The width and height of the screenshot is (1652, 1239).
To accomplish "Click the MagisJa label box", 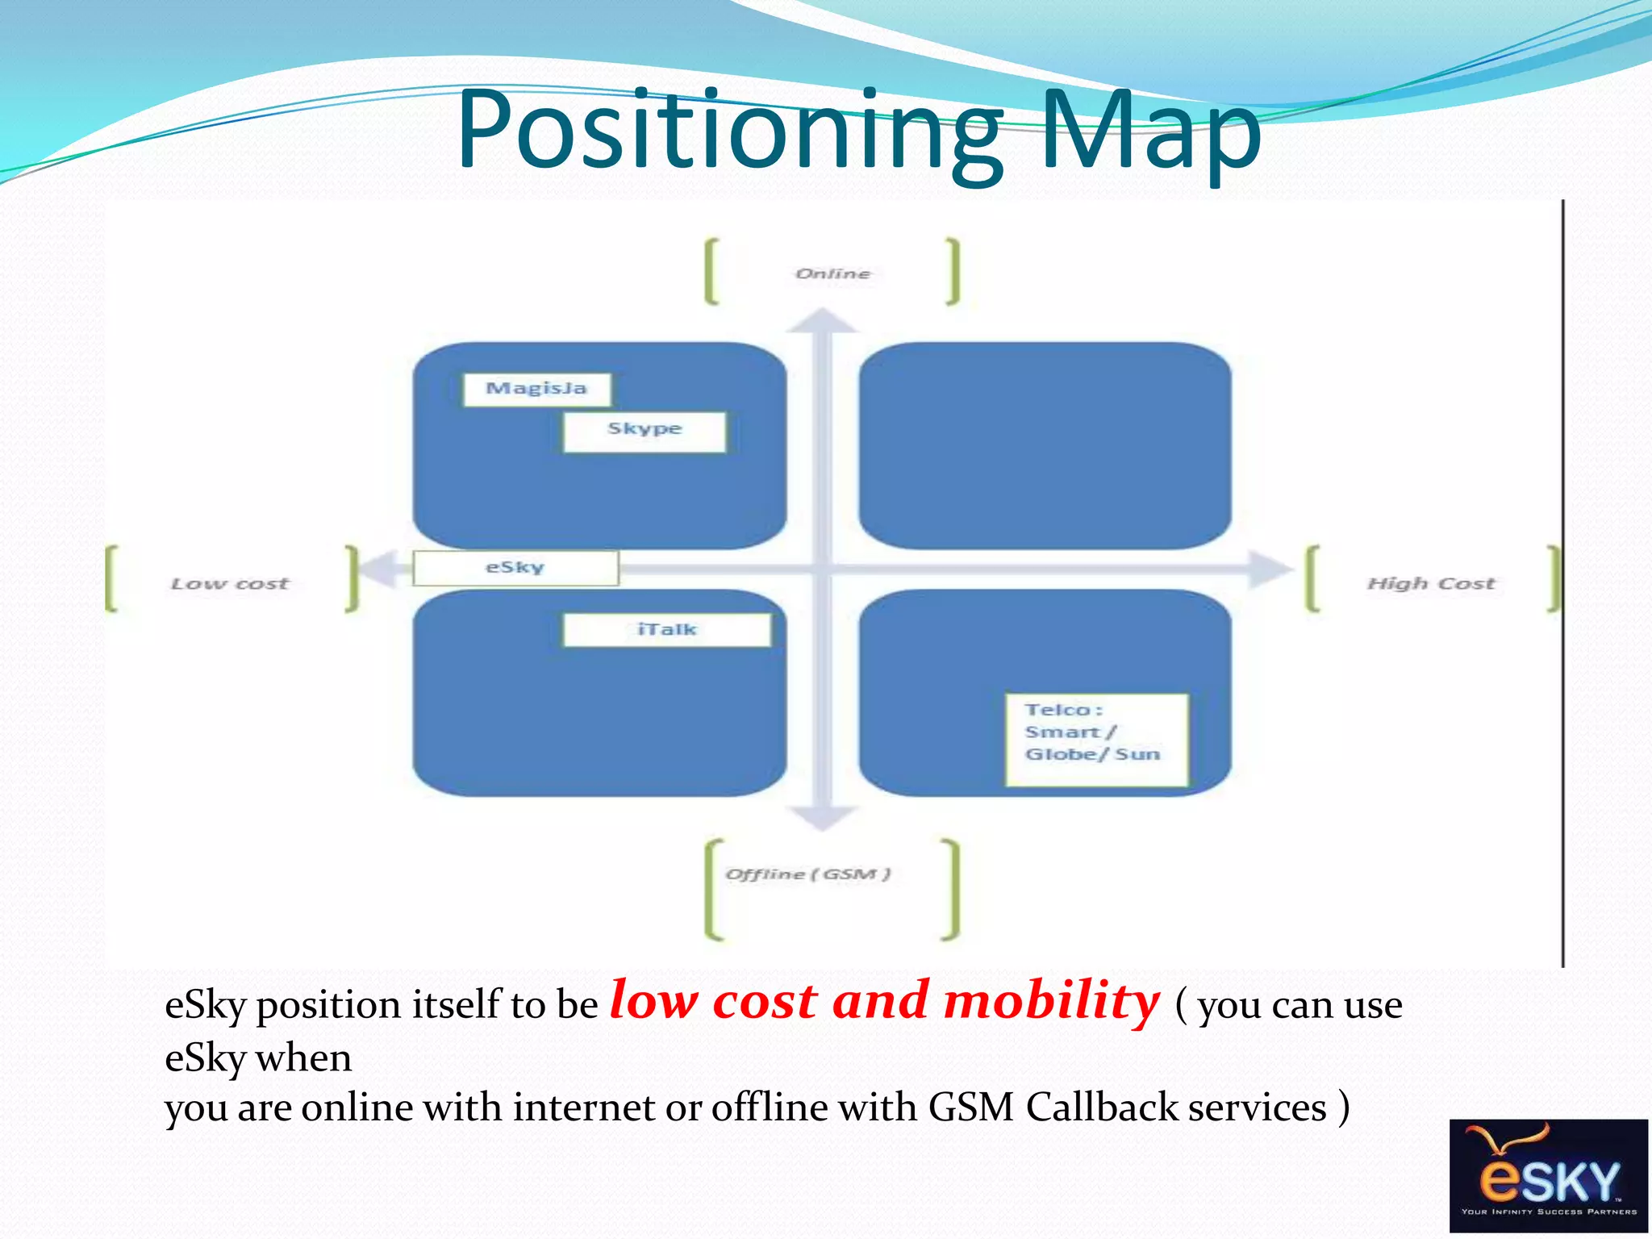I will coord(536,390).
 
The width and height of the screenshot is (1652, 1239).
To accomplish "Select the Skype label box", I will coord(645,432).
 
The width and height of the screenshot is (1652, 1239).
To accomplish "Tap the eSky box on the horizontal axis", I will coord(515,568).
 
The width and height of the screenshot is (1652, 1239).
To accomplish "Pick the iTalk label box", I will coord(666,630).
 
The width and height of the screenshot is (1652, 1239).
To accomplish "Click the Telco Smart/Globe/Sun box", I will coord(1096,739).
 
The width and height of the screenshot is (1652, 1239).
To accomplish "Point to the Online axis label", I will coord(832,274).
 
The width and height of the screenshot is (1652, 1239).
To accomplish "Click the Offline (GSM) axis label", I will coord(807,874).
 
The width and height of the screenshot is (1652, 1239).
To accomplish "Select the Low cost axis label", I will coord(230,584).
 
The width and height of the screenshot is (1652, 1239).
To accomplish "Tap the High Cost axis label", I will coord(1430,584).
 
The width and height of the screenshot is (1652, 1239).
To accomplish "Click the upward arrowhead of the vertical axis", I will coord(821,322).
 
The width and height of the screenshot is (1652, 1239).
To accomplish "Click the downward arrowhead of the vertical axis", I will coord(821,818).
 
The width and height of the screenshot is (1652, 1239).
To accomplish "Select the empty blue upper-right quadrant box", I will coord(1045,445).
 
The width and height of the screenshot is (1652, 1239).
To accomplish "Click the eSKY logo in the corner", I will coord(1548,1174).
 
